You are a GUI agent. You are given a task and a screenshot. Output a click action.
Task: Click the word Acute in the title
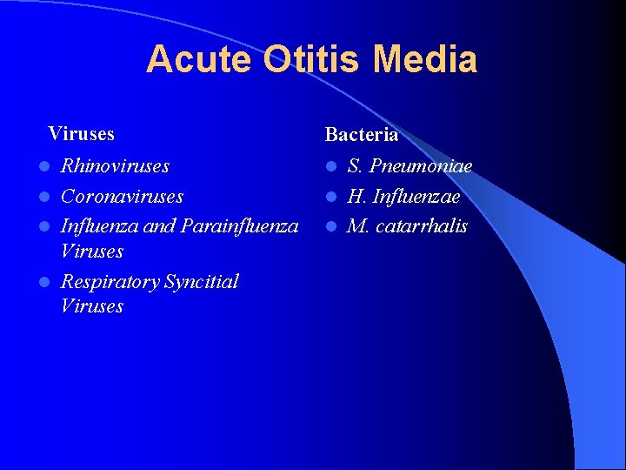[198, 59]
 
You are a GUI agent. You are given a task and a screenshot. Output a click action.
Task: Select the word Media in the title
[425, 59]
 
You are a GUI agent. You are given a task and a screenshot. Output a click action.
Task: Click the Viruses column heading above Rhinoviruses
[81, 133]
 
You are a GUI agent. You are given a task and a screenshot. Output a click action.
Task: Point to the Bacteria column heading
[361, 135]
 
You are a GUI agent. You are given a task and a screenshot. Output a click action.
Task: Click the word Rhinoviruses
[115, 165]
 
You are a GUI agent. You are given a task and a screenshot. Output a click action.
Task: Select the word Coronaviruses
[122, 197]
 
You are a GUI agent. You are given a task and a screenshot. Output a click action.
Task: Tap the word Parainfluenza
[238, 226]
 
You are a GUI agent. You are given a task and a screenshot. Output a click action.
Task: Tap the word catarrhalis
[420, 226]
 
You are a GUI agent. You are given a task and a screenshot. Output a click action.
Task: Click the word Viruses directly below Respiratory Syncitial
[92, 306]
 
